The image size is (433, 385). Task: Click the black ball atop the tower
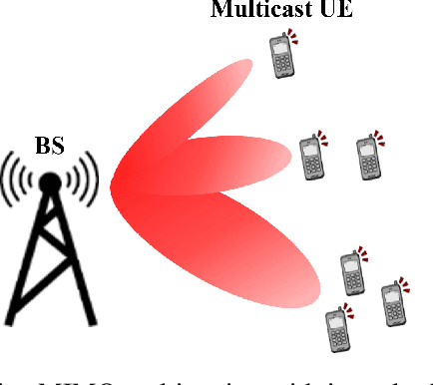49,182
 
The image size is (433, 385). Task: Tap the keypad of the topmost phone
283,65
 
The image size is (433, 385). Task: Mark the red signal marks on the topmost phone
293,37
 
